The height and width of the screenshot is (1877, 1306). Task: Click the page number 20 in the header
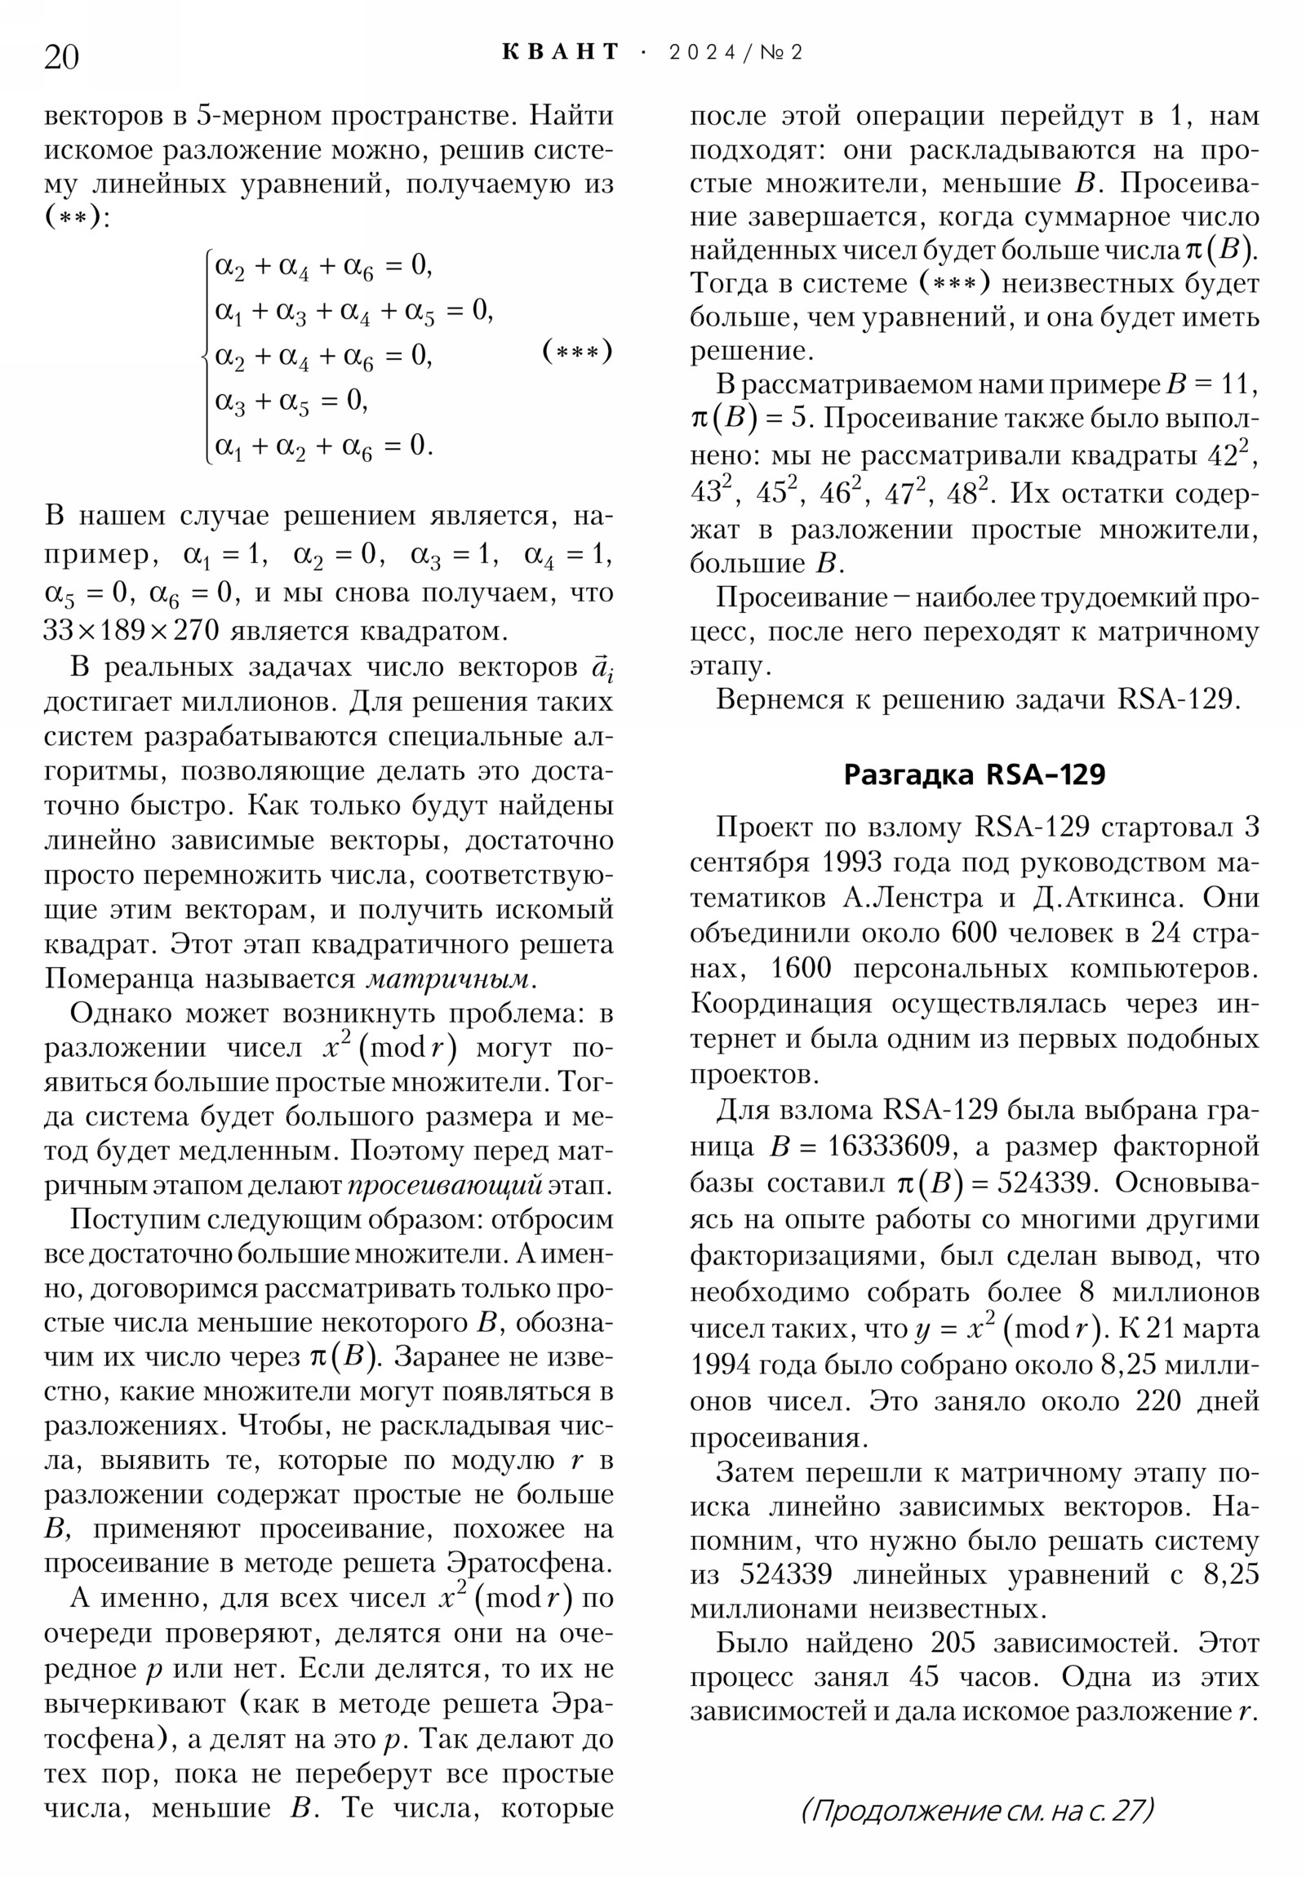tap(61, 57)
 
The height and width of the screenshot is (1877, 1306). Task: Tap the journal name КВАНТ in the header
tap(560, 52)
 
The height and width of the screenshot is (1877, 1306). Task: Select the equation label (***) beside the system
tap(576, 352)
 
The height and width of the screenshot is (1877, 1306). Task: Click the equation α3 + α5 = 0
tap(291, 401)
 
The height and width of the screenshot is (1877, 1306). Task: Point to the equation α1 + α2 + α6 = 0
tap(323, 446)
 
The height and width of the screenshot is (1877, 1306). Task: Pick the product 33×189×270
tap(131, 630)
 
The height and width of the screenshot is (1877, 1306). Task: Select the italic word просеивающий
tap(445, 1186)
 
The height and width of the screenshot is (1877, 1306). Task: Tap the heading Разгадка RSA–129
tap(973, 774)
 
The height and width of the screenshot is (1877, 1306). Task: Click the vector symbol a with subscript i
tap(602, 668)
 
